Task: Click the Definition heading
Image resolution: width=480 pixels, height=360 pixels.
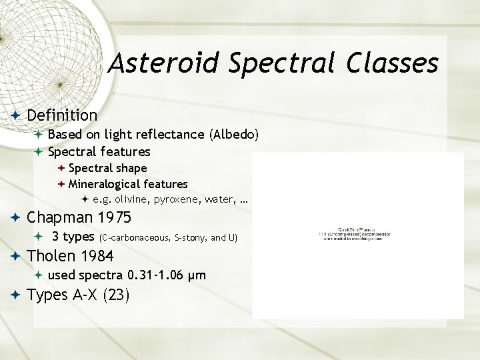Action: (x=62, y=115)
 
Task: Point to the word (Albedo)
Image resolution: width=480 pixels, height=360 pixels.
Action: (x=233, y=134)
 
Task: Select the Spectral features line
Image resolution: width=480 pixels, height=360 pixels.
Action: (x=99, y=151)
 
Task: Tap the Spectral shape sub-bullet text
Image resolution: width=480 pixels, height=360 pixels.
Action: (x=107, y=168)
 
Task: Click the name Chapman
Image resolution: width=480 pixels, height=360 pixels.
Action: (x=59, y=217)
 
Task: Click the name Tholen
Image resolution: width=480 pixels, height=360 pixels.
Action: (x=52, y=255)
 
